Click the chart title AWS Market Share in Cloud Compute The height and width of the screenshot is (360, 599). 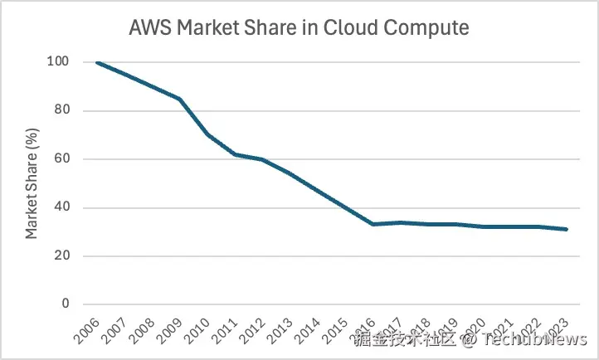[x=299, y=27]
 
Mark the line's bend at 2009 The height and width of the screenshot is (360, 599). [x=180, y=99]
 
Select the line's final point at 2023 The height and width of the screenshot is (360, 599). [x=567, y=229]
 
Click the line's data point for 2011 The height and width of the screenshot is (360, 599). [x=236, y=154]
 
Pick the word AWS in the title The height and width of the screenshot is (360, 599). [x=151, y=27]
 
